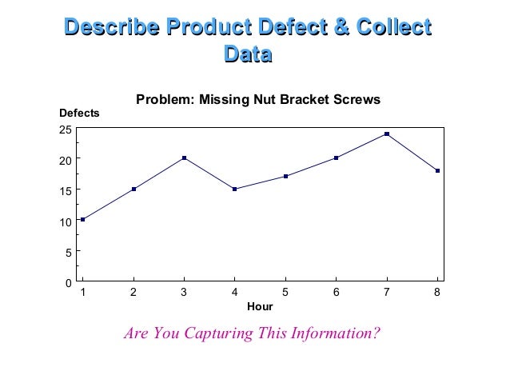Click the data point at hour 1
(82, 219)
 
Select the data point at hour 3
(184, 158)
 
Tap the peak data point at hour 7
(387, 134)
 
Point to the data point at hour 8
(438, 170)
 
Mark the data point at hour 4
(234, 189)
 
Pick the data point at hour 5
(285, 176)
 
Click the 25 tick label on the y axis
(66, 129)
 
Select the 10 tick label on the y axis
(66, 221)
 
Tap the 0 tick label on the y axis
(69, 282)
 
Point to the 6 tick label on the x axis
(336, 293)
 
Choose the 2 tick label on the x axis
(133, 293)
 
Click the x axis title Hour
(260, 307)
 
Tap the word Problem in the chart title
(162, 100)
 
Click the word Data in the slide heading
(248, 54)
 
